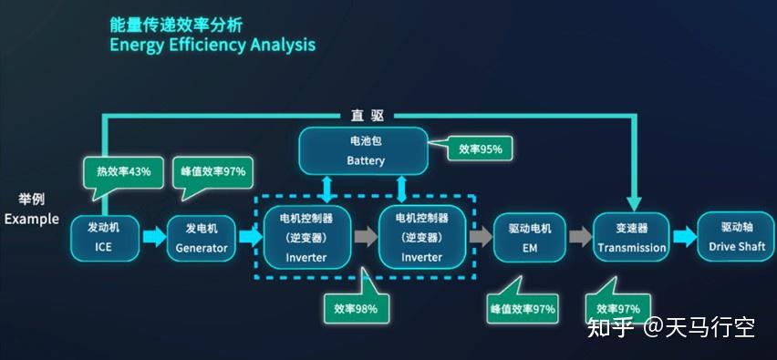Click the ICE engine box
point(105,238)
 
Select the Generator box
point(202,238)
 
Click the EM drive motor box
point(530,238)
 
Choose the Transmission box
point(631,238)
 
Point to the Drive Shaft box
point(736,238)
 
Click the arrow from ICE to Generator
point(154,237)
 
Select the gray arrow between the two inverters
point(366,237)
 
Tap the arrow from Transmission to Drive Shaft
point(685,237)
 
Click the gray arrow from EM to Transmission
point(580,237)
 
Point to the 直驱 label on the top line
point(368,117)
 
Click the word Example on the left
point(32,220)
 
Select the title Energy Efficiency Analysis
point(212,45)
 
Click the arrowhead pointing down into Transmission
point(634,203)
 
